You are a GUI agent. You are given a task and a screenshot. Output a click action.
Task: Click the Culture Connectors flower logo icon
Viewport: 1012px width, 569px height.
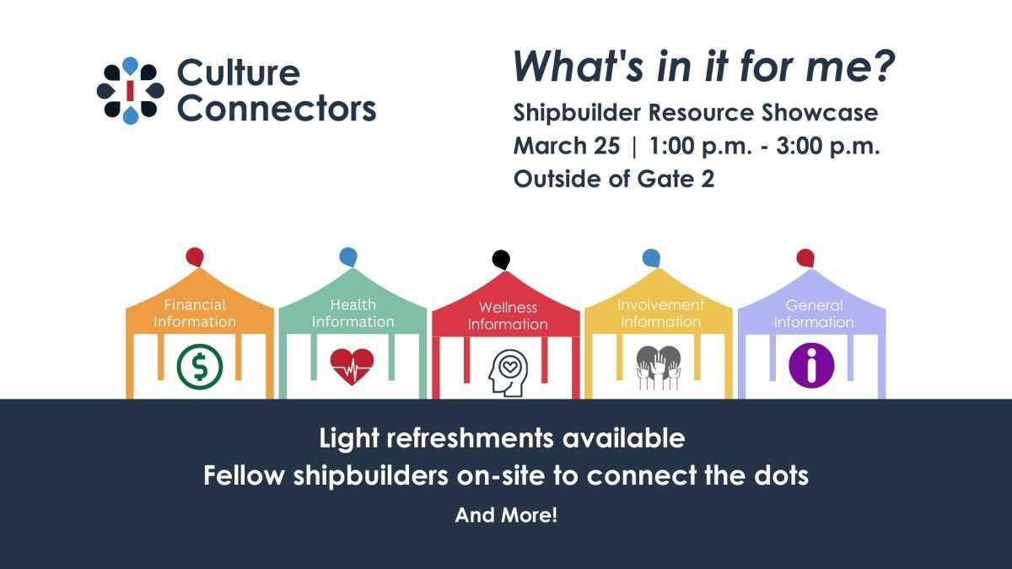click(130, 90)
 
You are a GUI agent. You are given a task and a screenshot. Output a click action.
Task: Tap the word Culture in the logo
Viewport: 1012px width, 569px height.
click(238, 73)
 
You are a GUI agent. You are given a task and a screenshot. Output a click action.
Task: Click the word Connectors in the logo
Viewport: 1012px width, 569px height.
click(277, 109)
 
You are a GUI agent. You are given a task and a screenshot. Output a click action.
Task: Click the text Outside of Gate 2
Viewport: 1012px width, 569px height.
click(613, 180)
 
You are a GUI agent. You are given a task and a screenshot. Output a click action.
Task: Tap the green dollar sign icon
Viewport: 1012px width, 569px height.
click(200, 367)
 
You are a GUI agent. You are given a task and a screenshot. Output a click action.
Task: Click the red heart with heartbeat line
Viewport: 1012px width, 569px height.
click(352, 366)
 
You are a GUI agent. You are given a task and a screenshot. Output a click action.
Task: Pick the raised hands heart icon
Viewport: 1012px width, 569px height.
click(659, 367)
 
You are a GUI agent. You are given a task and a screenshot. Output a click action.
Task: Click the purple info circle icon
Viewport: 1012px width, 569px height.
click(811, 366)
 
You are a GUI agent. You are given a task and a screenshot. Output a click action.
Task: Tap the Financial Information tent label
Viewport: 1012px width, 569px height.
click(195, 313)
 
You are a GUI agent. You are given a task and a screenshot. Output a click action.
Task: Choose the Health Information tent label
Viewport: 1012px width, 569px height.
click(353, 313)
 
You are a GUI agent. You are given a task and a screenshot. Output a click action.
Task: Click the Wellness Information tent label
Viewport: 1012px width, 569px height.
click(508, 315)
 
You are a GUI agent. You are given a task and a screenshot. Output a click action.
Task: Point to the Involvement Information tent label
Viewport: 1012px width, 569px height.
click(660, 313)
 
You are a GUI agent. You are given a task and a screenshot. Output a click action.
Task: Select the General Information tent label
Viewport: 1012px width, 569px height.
click(814, 313)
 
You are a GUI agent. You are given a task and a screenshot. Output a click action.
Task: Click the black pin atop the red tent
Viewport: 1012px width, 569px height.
click(501, 259)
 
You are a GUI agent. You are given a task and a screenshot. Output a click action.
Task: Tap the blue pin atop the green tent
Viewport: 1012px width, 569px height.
click(347, 256)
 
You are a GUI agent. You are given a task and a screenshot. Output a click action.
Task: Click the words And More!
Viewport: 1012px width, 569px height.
click(506, 515)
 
